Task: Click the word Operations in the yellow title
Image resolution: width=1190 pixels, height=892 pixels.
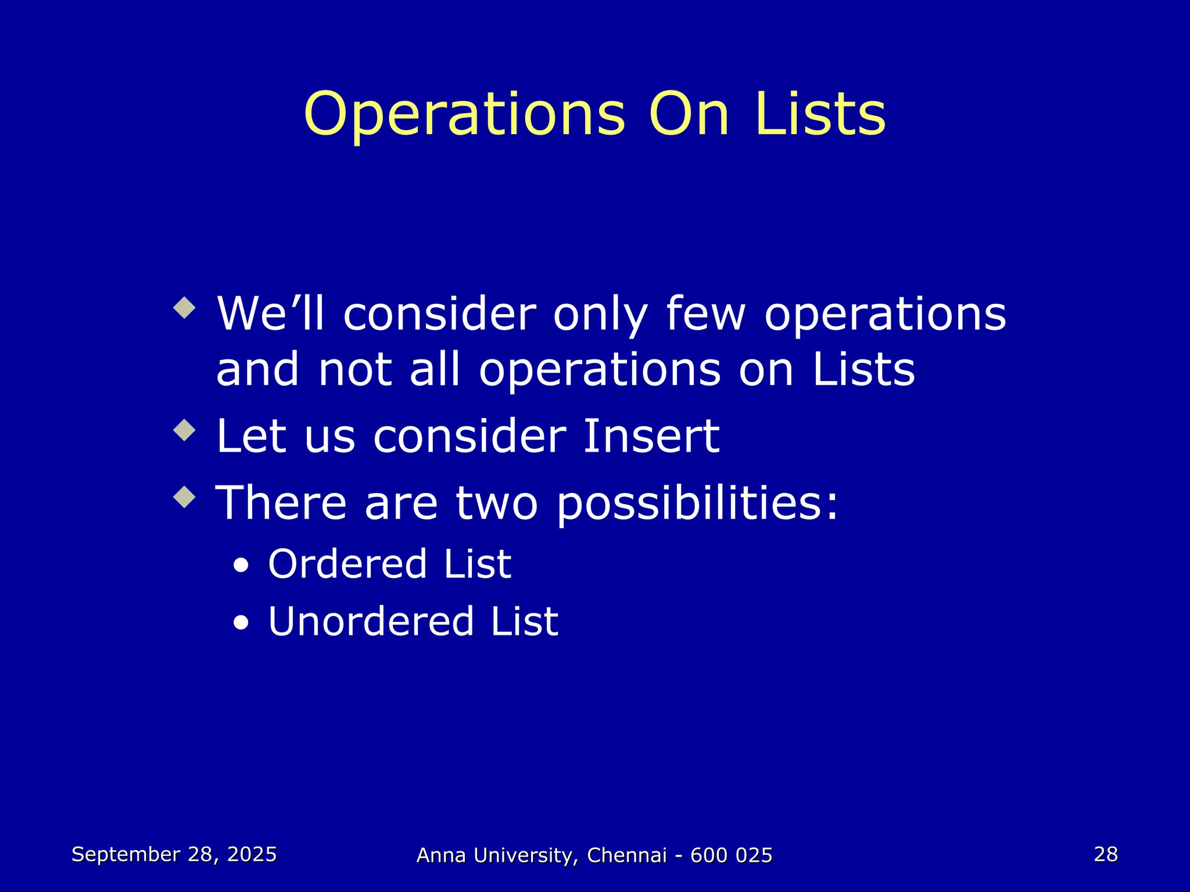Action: point(464,115)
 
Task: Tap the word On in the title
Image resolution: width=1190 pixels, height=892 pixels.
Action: point(689,115)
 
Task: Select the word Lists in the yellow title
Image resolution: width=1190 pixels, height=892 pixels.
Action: point(820,114)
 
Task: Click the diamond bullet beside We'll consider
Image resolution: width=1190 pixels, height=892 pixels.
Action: point(185,307)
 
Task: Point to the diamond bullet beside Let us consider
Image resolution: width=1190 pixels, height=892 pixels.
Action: point(185,430)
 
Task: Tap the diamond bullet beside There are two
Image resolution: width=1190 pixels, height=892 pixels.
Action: point(185,497)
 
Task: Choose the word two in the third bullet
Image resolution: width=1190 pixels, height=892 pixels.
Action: point(497,503)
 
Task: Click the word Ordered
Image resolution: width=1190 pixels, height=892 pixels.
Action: point(346,564)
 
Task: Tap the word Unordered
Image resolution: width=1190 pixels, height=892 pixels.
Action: point(370,621)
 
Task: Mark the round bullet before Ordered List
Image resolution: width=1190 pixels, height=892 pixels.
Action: point(241,566)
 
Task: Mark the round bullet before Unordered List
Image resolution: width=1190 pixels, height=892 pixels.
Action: point(241,624)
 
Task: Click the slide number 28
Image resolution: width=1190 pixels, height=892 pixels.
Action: point(1106,854)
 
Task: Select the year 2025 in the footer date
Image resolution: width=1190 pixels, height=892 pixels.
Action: point(252,854)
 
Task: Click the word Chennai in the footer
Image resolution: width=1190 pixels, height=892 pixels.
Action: point(627,855)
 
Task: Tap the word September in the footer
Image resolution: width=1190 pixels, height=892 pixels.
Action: point(126,855)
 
